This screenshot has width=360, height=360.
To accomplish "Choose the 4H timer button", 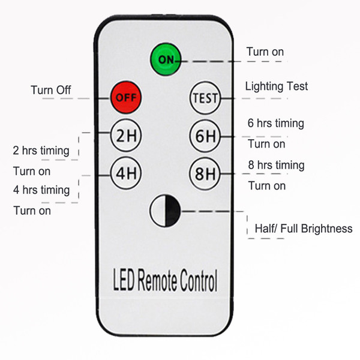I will pos(125,175).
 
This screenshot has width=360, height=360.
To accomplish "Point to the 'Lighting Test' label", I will pos(276,86).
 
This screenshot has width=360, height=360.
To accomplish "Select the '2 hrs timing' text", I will pos(41,150).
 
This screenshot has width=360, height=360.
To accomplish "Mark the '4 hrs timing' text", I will pos(41,190).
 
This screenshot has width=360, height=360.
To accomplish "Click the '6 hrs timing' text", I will pos(275,124).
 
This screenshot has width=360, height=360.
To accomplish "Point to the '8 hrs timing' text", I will pos(275,165).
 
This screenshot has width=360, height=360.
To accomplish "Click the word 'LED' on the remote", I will pos(126,280).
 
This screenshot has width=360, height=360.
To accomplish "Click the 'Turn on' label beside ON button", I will pos(265,52).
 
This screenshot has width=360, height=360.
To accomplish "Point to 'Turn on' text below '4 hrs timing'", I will pos(32,211).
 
